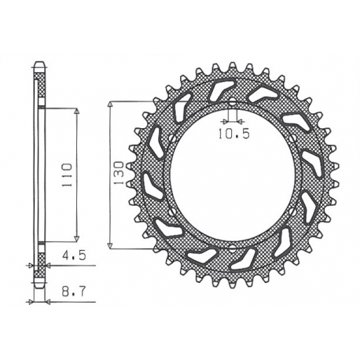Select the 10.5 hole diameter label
[x=233, y=134]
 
